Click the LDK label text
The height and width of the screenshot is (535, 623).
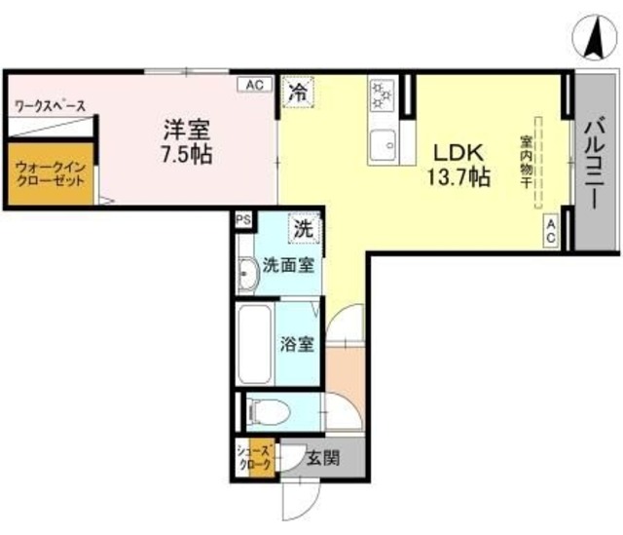pyautogui.click(x=454, y=153)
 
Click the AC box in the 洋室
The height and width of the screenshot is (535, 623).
pyautogui.click(x=254, y=85)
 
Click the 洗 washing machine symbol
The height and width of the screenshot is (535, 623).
pyautogui.click(x=304, y=230)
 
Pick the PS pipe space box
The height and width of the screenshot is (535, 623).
pyautogui.click(x=242, y=220)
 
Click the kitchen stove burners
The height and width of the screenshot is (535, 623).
pyautogui.click(x=381, y=95)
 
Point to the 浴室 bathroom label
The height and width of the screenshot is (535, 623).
pyautogui.click(x=297, y=344)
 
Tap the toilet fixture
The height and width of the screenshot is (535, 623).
pyautogui.click(x=265, y=412)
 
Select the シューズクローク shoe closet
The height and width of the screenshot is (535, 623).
pyautogui.click(x=256, y=458)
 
